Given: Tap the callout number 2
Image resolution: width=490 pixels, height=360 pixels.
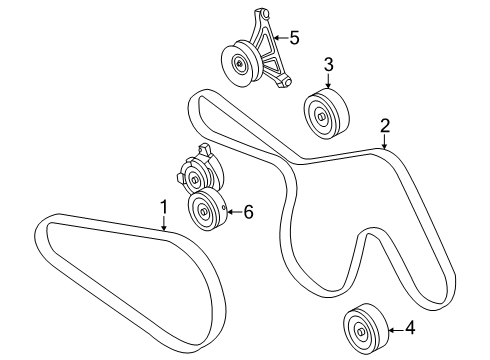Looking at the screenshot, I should (384, 127).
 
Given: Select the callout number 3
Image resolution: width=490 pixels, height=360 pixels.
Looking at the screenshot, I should (328, 67).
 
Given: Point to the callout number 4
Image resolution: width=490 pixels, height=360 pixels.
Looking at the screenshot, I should (410, 327).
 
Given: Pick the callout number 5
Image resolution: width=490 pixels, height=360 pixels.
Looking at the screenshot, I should (294, 39).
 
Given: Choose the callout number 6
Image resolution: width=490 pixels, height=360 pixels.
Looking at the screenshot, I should (248, 211).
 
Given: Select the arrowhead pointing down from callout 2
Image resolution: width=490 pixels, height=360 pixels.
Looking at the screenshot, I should (384, 148).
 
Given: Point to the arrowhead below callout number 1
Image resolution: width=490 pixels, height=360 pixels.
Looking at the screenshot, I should (165, 229).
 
